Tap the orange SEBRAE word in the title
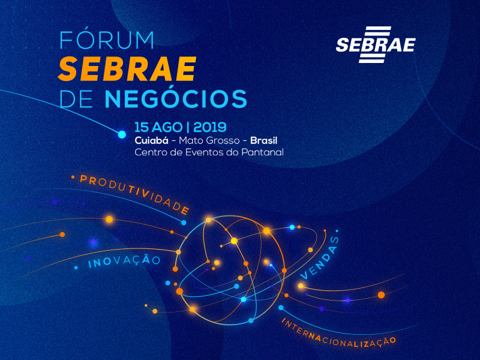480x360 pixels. coord(127,70)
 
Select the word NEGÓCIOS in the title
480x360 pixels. coord(175,98)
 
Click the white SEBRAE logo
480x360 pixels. coord(376,44)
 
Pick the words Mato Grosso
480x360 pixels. coord(205,140)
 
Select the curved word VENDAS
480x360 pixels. coord(319,257)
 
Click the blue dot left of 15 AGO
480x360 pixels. coord(122,134)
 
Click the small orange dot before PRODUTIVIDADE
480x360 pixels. coord(73,177)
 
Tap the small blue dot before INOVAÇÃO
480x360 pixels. coord(76,268)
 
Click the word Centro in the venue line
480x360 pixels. coord(151,152)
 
